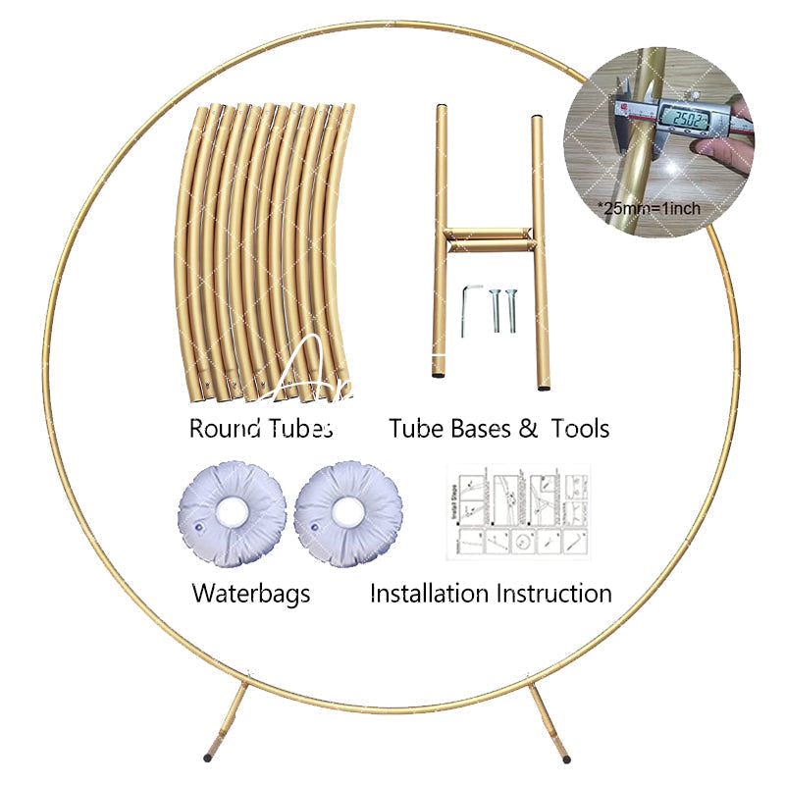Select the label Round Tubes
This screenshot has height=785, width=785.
(260, 429)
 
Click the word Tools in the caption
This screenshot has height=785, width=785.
(580, 429)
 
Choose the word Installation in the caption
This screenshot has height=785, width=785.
(428, 593)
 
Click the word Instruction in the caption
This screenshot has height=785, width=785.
(553, 593)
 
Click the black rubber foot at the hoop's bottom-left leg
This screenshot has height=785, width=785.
(207, 758)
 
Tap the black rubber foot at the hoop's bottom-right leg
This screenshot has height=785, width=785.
(565, 758)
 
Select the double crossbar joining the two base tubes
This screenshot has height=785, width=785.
(488, 239)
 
